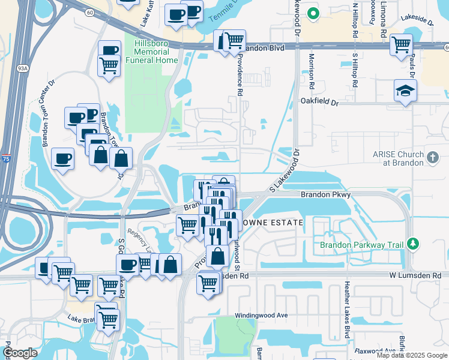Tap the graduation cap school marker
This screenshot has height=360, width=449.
point(405,91)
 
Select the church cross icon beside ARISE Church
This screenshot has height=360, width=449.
point(432,157)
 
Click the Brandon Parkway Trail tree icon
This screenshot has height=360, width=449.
point(412,244)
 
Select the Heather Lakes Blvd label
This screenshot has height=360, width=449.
point(346,309)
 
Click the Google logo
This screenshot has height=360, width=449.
point(20,352)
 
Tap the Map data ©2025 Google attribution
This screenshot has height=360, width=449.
point(412,355)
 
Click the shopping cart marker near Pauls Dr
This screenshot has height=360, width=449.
point(401,44)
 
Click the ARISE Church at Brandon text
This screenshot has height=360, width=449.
point(397,158)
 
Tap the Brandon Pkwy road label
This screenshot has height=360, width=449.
point(325,194)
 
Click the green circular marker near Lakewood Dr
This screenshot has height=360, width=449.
point(312,13)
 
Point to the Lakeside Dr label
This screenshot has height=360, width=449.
point(419,20)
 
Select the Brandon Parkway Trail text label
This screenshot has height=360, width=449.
point(362,245)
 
